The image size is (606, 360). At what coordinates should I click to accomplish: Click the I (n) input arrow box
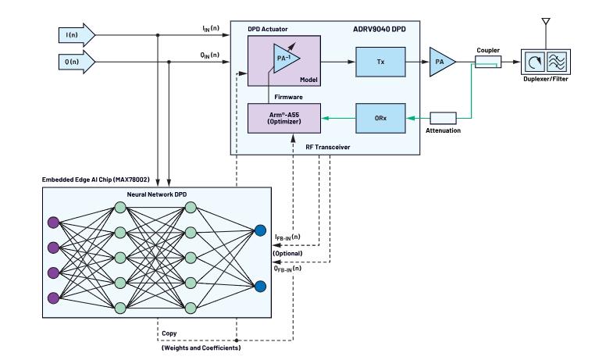coord(77,34)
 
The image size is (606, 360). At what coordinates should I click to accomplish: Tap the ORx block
coord(377,119)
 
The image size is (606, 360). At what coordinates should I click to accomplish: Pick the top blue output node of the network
coord(259,230)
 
